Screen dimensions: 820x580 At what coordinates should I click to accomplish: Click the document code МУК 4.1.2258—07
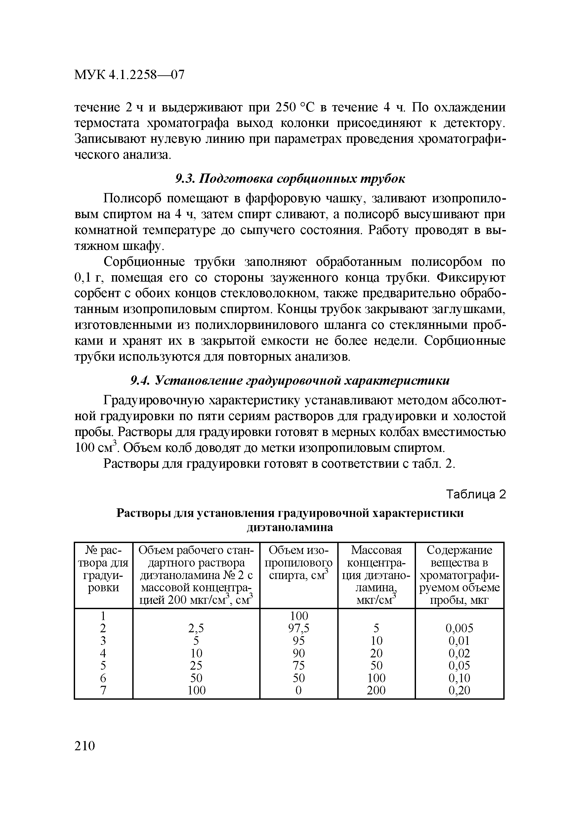[129, 75]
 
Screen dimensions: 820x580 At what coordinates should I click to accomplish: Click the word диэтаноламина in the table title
[290, 527]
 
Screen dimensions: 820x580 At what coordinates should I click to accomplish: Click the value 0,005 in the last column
[459, 628]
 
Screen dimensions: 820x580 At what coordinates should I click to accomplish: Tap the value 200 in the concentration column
[376, 690]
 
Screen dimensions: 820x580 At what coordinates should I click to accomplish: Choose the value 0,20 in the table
[459, 690]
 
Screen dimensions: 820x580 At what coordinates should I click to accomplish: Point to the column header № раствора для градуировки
[103, 569]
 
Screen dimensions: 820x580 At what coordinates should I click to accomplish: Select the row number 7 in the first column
[103, 690]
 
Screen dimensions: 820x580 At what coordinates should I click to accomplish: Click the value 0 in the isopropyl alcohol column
[299, 690]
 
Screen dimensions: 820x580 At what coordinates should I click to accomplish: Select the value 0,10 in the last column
[459, 678]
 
